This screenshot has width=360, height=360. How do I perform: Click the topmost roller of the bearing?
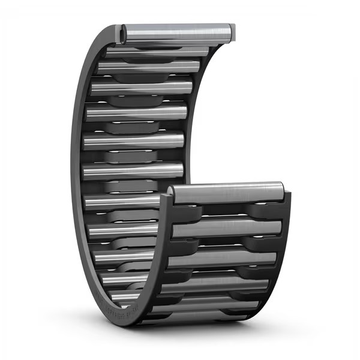pos(177,33)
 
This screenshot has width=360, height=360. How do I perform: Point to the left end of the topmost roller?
pos(124,35)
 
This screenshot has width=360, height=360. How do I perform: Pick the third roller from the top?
pos(142,88)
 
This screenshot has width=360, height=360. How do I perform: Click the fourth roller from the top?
pos(136,112)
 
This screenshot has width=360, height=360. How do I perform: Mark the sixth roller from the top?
pos(133,170)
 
